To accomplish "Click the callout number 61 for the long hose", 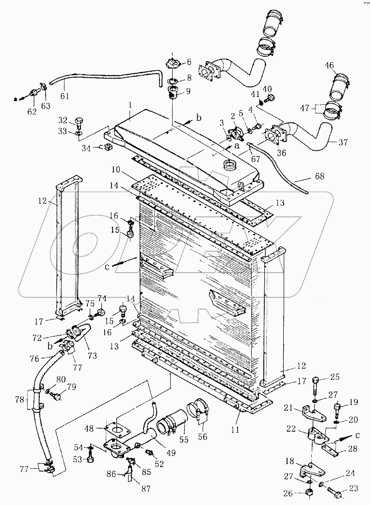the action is pyautogui.click(x=64, y=96).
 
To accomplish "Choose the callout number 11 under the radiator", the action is pyautogui.click(x=235, y=429).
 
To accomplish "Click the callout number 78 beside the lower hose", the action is pyautogui.click(x=20, y=400).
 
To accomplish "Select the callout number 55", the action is pyautogui.click(x=184, y=440).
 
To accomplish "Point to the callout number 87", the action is pyautogui.click(x=146, y=489).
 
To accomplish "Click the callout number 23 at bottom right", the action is pyautogui.click(x=353, y=488).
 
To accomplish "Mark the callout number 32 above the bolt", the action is pyautogui.click(x=63, y=121).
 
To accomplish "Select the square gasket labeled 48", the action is pyautogui.click(x=116, y=428).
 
